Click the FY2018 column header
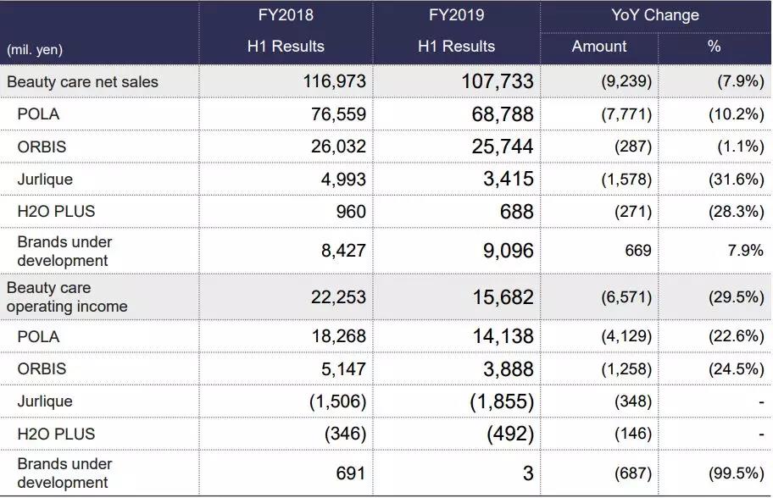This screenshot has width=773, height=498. pos(286,15)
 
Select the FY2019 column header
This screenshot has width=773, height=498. pos(456,15)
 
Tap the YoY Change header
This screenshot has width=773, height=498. pos(655,15)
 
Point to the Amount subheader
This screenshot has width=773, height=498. pos(599,47)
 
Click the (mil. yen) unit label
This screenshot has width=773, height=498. pos(35,50)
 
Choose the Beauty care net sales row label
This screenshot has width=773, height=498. pos(82,82)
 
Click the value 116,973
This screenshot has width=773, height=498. pos(335,82)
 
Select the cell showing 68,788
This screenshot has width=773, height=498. pos(503,114)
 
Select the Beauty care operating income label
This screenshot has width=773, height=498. pos(67,297)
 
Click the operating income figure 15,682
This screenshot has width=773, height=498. pos(503,297)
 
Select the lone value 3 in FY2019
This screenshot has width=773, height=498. pos(528,473)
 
